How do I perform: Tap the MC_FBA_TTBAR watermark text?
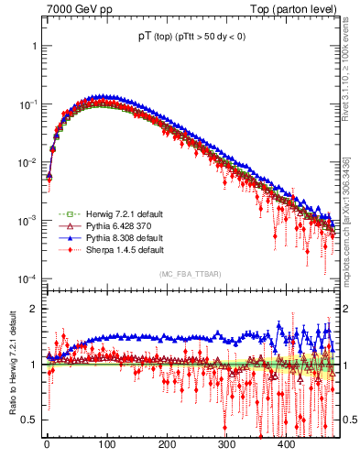click(x=190, y=274)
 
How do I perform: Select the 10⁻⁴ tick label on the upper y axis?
click(x=27, y=278)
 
